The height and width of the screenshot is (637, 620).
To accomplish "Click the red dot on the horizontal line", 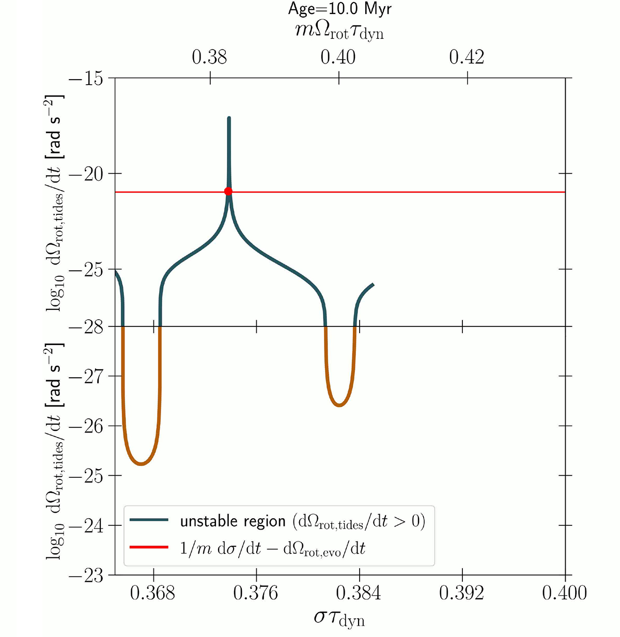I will [x=228, y=192].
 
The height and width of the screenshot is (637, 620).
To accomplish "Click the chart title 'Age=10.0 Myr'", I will [x=339, y=9].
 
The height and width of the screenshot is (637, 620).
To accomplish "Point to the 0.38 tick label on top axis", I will [x=209, y=57].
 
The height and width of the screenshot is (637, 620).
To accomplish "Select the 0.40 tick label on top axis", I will [x=338, y=57].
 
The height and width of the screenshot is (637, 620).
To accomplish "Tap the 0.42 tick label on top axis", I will [x=467, y=57].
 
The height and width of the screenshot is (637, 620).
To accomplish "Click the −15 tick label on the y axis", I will [x=85, y=79].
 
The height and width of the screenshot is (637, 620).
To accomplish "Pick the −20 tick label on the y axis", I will [x=85, y=174].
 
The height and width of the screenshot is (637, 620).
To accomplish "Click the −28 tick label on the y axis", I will [x=85, y=327].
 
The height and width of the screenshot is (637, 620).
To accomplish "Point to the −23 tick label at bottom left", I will [x=85, y=576].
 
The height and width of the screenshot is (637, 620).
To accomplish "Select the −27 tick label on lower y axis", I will [x=85, y=377].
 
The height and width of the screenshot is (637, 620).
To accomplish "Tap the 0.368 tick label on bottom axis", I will [x=153, y=593].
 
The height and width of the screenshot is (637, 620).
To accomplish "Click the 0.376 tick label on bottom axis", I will [x=256, y=593].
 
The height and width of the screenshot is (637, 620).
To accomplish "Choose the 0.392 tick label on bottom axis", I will [x=461, y=593].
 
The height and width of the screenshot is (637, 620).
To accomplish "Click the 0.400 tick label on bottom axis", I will [x=564, y=593].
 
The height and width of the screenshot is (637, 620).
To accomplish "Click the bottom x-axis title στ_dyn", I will [x=339, y=618].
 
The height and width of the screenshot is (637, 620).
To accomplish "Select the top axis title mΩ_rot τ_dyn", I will [x=339, y=32].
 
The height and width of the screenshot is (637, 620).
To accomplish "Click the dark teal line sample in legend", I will [x=149, y=521].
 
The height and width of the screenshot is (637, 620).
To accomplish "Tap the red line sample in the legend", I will [x=149, y=548].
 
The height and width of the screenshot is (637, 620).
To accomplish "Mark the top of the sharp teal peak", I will [x=229, y=118].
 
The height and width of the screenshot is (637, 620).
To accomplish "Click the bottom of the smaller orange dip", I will [x=339, y=406].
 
